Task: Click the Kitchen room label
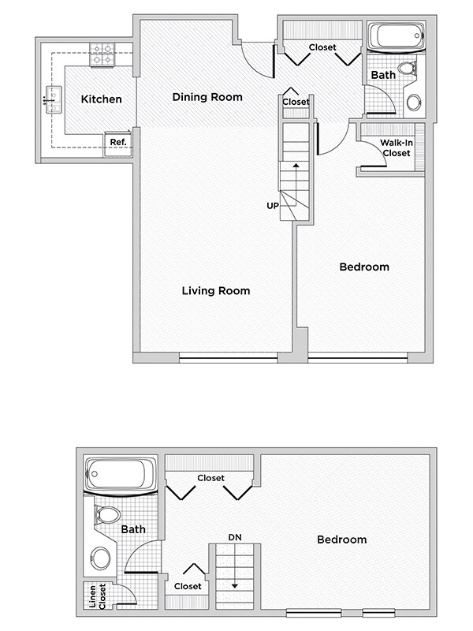(101, 99)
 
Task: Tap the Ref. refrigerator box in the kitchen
(118, 143)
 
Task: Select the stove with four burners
(102, 54)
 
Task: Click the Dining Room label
(207, 97)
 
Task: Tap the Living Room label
(215, 291)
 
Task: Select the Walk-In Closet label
(396, 147)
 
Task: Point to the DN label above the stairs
(234, 537)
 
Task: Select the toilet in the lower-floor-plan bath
(106, 516)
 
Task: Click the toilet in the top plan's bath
(407, 69)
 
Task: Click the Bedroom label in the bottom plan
(341, 540)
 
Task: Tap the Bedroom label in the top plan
(363, 267)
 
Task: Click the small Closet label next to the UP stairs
(296, 102)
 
